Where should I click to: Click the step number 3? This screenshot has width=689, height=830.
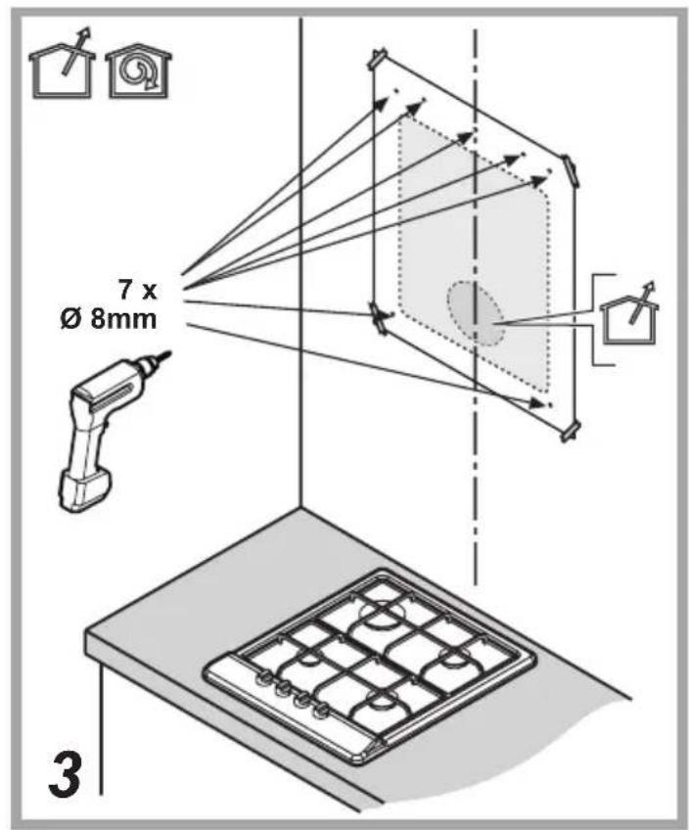[x=65, y=775]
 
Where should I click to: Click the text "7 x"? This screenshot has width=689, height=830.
[x=137, y=291]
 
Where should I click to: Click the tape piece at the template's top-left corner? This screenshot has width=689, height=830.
[x=379, y=59]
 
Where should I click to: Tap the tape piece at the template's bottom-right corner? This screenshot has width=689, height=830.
[x=570, y=431]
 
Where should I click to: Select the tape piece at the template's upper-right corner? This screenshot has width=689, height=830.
[x=570, y=170]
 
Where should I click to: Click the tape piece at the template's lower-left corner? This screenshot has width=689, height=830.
[x=379, y=318]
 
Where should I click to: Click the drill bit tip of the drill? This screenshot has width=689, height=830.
[x=169, y=353]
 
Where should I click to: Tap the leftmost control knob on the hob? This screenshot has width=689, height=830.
[x=261, y=678]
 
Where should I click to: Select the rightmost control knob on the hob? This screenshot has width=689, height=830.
[x=320, y=711]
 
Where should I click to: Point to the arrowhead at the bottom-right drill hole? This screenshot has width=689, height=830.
[x=537, y=403]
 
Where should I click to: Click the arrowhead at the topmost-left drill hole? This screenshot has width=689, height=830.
[x=382, y=101]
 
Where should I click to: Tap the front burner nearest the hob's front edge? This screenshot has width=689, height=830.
[x=380, y=708]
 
